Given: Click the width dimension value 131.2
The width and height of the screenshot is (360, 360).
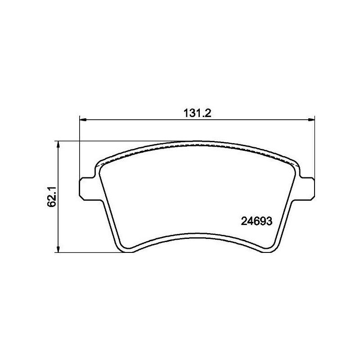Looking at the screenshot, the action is coord(197,113).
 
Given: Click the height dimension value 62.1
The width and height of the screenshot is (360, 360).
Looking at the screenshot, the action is coord(52,197).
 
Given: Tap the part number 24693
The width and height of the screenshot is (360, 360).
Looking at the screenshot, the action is coord(256,221).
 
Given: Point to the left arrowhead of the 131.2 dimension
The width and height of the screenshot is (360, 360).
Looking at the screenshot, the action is coord(83,119).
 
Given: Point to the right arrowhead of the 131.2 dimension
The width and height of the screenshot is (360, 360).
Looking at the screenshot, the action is coord(311,119).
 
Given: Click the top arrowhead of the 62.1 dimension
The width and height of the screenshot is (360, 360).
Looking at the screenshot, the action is coord(58,144).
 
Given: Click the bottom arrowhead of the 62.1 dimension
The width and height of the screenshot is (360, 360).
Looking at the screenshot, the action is coord(58,249).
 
